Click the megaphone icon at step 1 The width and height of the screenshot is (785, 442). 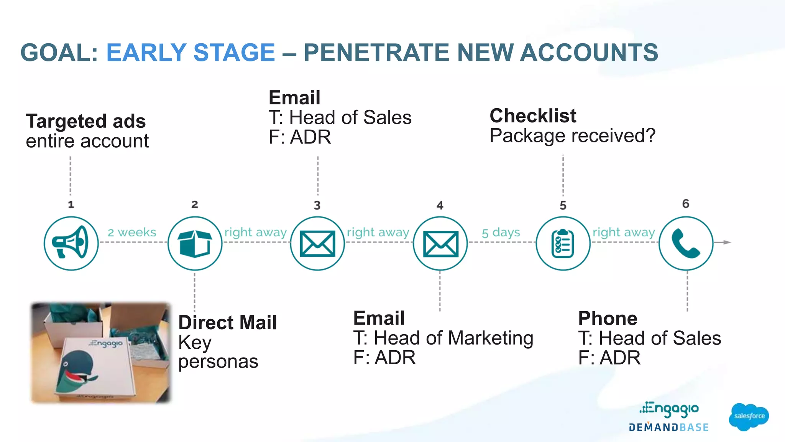tap(71, 243)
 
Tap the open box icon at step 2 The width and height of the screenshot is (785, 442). tap(195, 243)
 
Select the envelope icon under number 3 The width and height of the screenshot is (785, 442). tap(317, 244)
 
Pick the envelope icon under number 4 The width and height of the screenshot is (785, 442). tap(440, 244)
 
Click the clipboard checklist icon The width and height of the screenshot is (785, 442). tap(563, 244)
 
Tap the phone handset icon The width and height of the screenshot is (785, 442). tap(686, 244)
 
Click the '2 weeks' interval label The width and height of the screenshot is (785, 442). tap(132, 233)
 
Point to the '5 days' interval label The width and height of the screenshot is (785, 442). tap(501, 233)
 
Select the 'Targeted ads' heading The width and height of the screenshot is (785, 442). tap(86, 121)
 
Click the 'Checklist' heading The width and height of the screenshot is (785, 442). tap(533, 116)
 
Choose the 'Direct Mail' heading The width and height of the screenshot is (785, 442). tap(228, 322)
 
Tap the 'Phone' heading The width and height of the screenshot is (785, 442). tap(608, 318)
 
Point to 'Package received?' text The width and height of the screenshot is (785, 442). tap(573, 136)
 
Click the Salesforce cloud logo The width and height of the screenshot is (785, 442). tap(749, 416)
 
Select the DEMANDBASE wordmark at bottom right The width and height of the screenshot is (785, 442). tap(668, 427)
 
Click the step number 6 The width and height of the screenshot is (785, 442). tap(686, 204)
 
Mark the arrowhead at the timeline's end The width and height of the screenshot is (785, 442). tap(727, 242)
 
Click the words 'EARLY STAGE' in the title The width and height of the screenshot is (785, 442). tap(191, 53)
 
